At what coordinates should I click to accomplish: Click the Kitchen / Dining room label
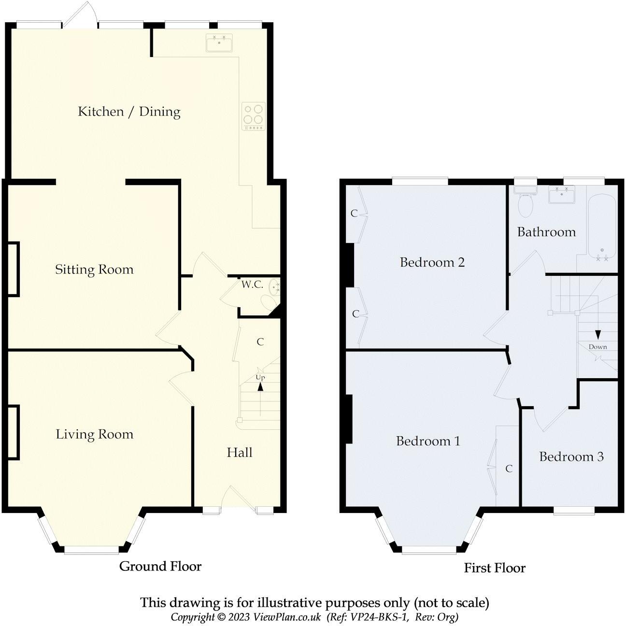click(129, 112)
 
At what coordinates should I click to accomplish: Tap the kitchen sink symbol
click(219, 43)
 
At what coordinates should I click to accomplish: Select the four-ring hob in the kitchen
click(254, 116)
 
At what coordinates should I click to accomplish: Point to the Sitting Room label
click(94, 270)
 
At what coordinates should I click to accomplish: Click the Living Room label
click(95, 434)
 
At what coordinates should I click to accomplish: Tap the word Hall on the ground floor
click(240, 452)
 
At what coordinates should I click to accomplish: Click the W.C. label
click(252, 285)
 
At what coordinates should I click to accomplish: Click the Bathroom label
click(546, 232)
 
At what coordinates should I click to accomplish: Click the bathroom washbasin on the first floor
click(562, 195)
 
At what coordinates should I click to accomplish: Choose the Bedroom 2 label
click(432, 262)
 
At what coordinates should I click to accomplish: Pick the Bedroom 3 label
click(571, 457)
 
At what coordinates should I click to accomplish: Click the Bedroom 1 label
click(428, 441)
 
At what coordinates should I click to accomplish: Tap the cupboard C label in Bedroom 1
click(509, 469)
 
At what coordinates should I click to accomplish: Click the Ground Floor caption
click(160, 566)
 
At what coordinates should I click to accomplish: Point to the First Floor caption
click(495, 568)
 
